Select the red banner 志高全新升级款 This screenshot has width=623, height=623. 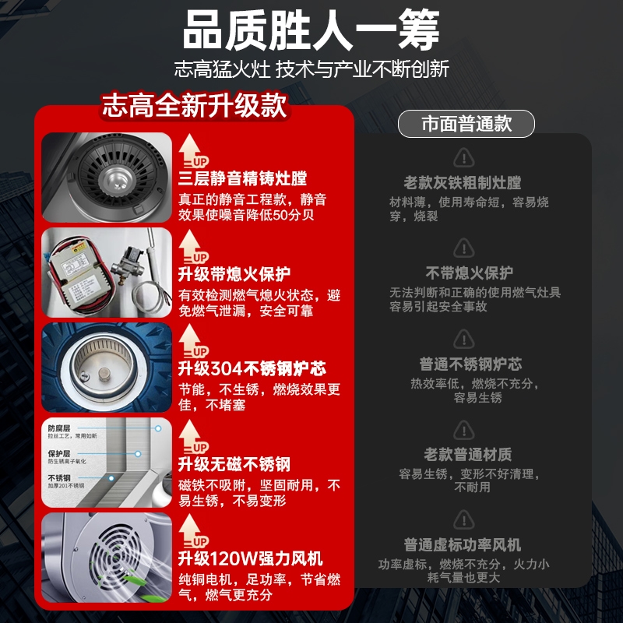coord(194,105)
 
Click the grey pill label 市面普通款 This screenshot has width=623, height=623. coord(466,124)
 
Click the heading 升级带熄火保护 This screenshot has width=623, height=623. coord(234,274)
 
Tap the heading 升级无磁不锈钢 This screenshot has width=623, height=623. coord(234,464)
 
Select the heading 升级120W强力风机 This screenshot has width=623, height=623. coord(250,558)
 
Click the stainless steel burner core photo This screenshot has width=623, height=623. coord(107,368)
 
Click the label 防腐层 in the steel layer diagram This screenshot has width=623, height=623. coord(59,428)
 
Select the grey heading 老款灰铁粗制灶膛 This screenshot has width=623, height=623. coord(463,183)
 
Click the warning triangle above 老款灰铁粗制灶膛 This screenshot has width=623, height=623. coord(464,157)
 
